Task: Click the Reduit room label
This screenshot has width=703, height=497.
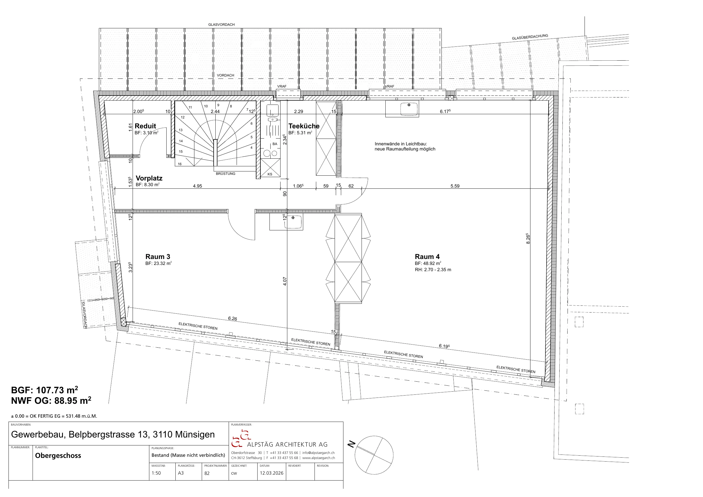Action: tap(145, 126)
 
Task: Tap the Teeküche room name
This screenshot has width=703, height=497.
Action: tap(304, 126)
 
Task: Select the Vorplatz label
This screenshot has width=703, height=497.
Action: tap(149, 178)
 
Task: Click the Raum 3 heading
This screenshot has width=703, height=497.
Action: tap(158, 257)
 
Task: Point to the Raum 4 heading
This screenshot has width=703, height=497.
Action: tap(427, 257)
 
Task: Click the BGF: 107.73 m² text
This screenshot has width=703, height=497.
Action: tap(45, 390)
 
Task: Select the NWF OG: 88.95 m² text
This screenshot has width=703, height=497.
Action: tap(51, 401)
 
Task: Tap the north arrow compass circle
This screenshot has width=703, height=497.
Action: tap(374, 455)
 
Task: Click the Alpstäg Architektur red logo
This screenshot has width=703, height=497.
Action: tap(241, 439)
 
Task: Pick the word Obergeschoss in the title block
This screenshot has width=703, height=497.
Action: tap(58, 455)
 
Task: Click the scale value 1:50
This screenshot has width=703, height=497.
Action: tap(156, 473)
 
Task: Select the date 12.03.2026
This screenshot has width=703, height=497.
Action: tap(271, 473)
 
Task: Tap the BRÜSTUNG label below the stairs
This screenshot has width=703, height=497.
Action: tap(225, 174)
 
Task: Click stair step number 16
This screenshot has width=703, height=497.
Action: tap(180, 164)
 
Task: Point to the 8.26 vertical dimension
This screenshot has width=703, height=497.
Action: tap(528, 239)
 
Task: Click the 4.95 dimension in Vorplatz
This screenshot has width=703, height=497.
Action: tap(197, 186)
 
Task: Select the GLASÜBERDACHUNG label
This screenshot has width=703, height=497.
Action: tap(530, 37)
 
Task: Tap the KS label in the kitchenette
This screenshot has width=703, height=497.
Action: tap(270, 174)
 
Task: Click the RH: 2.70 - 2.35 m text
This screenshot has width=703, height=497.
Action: tap(433, 270)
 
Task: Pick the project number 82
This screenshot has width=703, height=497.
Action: tap(207, 473)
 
